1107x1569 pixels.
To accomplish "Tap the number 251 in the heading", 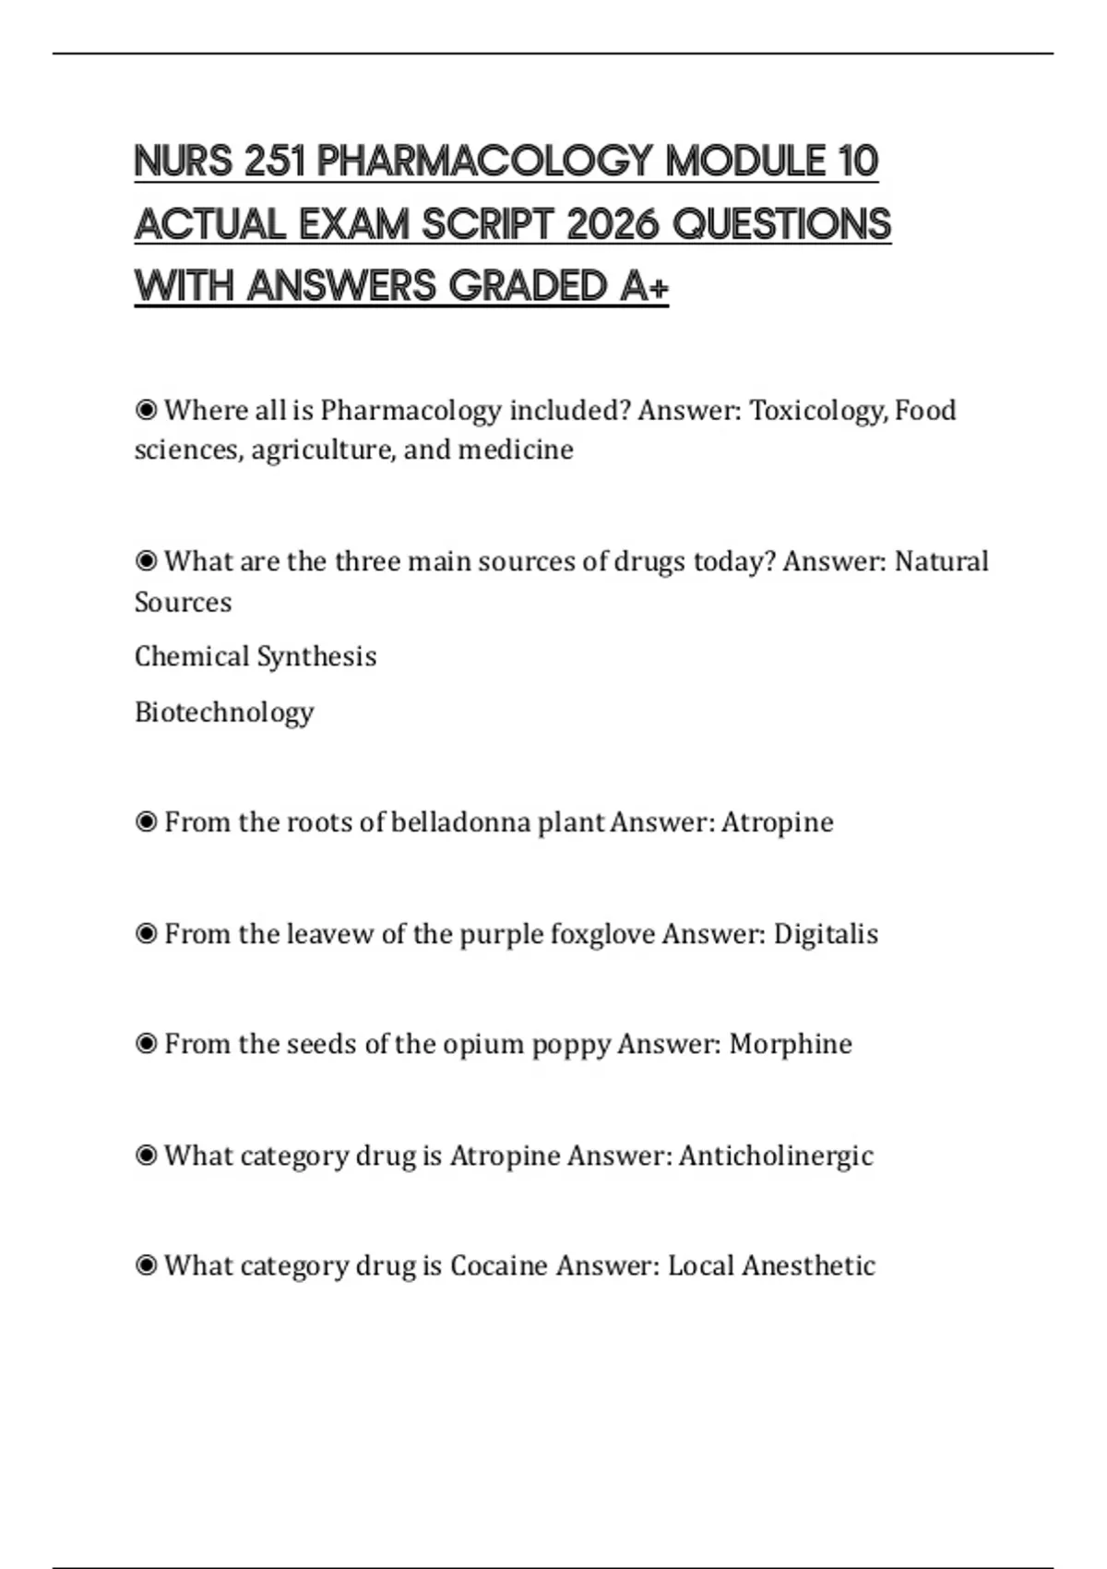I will [x=275, y=162].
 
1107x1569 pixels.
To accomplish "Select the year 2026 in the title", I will [x=612, y=224].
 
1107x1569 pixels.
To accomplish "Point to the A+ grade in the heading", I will [x=644, y=286].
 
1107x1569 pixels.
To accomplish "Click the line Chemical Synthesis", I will [x=256, y=656].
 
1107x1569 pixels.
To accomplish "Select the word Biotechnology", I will [x=224, y=712].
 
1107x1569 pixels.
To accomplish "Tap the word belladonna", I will [x=460, y=821].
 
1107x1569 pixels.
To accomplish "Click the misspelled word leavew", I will [x=329, y=933].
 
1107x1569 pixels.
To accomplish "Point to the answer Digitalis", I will [x=826, y=933].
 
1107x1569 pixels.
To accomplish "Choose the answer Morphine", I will [x=791, y=1044].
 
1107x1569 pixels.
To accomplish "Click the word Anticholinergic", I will [x=776, y=1156].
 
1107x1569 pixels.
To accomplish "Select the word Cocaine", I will [x=498, y=1265].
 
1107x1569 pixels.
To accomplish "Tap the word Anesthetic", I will [x=808, y=1265].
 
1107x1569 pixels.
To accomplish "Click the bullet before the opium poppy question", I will [x=146, y=1044].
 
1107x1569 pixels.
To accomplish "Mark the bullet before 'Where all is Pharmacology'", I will [x=146, y=410].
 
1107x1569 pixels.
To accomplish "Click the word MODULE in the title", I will [x=744, y=162].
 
